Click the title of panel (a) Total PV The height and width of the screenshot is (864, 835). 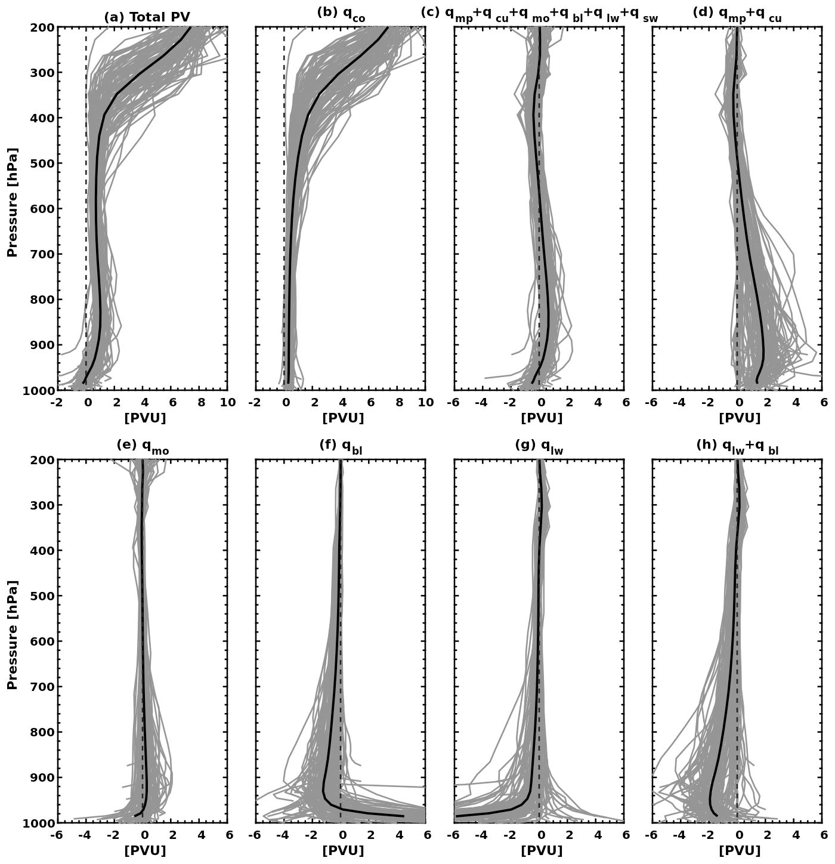147,17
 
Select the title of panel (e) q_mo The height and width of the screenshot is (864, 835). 143,447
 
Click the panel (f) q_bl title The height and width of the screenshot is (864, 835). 341,447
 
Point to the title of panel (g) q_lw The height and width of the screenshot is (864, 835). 539,447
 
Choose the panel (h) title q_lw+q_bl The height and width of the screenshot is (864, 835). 737,447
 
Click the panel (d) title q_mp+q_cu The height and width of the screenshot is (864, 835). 737,15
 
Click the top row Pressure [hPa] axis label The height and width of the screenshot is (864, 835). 13,202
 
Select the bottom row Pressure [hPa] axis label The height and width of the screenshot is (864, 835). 13,634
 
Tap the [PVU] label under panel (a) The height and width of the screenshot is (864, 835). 145,418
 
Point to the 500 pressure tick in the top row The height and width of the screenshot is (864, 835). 41,163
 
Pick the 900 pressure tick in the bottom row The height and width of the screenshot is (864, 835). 41,777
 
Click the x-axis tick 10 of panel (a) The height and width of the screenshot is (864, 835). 227,403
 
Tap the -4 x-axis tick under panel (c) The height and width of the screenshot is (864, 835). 481,403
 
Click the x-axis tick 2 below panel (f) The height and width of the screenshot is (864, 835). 370,835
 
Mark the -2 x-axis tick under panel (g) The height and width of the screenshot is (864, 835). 510,835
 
